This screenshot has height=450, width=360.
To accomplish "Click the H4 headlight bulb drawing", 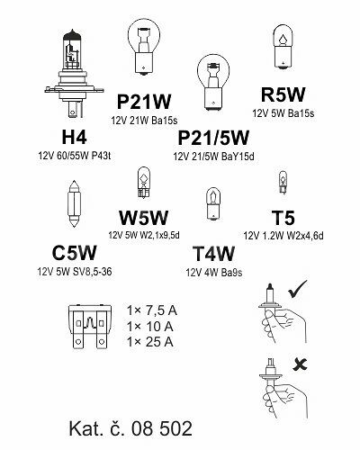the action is click(x=74, y=74).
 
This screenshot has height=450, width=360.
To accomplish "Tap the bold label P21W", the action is click(x=144, y=102).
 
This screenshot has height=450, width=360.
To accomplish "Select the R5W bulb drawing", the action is click(x=283, y=47).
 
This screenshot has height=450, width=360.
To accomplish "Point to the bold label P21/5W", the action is click(x=213, y=138).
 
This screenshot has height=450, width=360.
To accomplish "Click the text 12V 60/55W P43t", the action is click(x=75, y=156).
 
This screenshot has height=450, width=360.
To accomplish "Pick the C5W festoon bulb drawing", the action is click(x=74, y=203).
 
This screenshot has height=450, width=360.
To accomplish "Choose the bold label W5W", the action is click(x=143, y=218).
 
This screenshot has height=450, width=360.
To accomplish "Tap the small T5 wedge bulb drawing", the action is click(x=283, y=183).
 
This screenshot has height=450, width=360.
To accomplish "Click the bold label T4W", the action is click(x=213, y=254).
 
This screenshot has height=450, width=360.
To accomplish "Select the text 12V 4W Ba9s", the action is click(x=214, y=273).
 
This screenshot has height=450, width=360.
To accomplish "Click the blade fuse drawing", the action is click(x=90, y=327).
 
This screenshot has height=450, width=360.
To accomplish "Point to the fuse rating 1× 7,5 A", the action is click(x=152, y=310).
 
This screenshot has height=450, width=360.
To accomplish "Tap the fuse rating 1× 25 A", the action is click(x=150, y=342).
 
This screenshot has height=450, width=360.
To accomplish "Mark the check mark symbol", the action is click(x=297, y=289).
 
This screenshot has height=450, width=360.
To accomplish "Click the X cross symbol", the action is click(x=300, y=364).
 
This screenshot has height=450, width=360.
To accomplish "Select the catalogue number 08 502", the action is click(x=162, y=428).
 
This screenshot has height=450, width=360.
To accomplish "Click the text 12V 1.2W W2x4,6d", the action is click(x=283, y=236).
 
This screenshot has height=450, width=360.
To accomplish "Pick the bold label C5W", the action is click(x=74, y=253).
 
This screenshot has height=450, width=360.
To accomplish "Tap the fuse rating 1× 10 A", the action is click(x=150, y=326).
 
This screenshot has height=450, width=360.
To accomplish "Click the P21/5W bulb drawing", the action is click(x=213, y=83).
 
